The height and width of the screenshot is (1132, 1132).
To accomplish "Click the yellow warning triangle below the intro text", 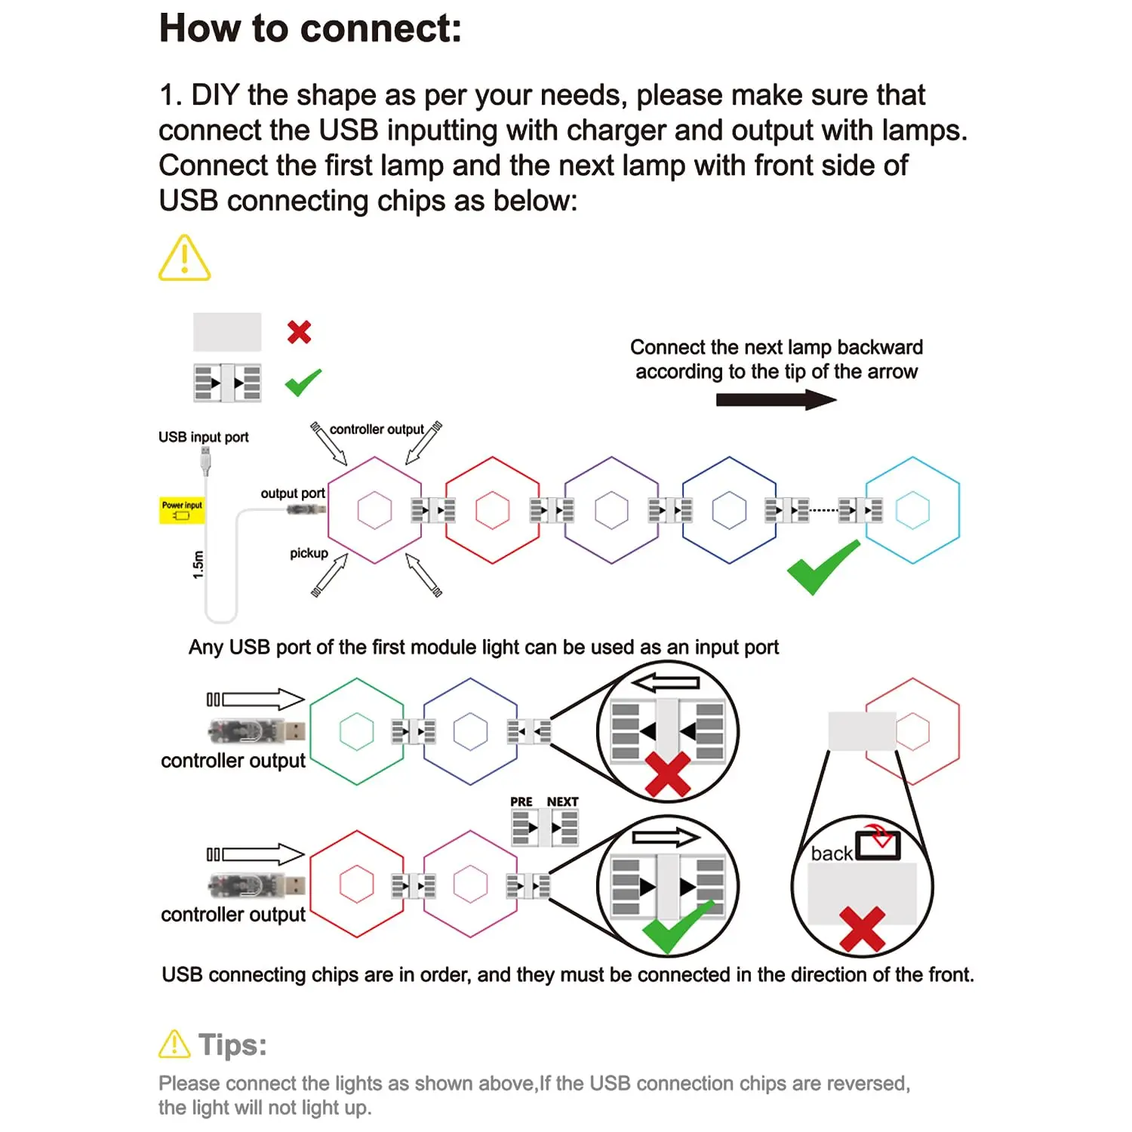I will pyautogui.click(x=184, y=259).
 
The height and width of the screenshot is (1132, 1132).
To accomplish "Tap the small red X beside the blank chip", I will pyautogui.click(x=299, y=332).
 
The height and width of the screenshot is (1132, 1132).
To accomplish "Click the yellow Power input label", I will pyautogui.click(x=182, y=510).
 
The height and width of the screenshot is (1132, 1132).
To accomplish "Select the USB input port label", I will pyautogui.click(x=203, y=437).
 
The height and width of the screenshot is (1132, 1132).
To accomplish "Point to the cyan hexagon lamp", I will pyautogui.click(x=912, y=510).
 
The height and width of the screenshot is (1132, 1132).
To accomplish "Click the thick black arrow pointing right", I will pyautogui.click(x=776, y=399).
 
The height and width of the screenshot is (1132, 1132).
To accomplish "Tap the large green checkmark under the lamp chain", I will pyautogui.click(x=822, y=568).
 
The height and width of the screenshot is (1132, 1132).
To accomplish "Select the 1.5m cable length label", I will pyautogui.click(x=198, y=564).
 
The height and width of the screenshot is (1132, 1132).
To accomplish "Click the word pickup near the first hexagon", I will pyautogui.click(x=309, y=553).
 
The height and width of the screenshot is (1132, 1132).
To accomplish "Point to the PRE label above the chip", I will pyautogui.click(x=521, y=801).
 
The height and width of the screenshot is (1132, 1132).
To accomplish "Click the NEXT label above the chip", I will pyautogui.click(x=562, y=801).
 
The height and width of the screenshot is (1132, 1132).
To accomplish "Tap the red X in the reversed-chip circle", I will pyautogui.click(x=667, y=774).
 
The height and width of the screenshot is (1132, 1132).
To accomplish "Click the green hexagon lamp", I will pyautogui.click(x=357, y=731).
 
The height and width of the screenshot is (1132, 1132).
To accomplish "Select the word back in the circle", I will pyautogui.click(x=831, y=854).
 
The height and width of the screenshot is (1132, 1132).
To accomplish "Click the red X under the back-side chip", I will pyautogui.click(x=862, y=928).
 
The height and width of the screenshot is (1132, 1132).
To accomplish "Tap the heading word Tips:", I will pyautogui.click(x=232, y=1045).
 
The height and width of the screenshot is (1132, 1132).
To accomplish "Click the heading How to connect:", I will pyautogui.click(x=310, y=29).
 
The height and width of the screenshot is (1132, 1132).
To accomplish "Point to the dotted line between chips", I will pyautogui.click(x=823, y=511).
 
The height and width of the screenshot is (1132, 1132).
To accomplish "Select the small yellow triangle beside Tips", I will pyautogui.click(x=174, y=1044).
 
